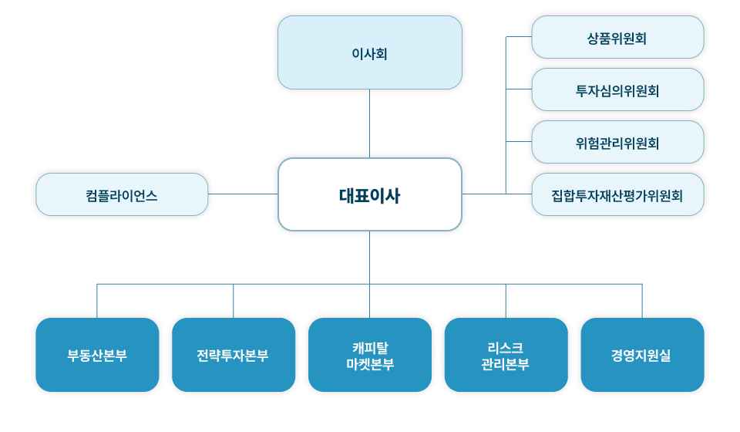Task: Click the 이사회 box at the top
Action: click(369, 52)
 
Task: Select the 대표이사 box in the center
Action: click(369, 194)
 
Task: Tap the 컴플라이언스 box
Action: click(122, 194)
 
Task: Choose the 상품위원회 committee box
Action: click(617, 37)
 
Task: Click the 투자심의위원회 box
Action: click(617, 89)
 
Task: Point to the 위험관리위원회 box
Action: click(617, 142)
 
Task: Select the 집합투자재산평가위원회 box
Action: click(617, 194)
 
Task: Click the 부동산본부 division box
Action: click(97, 355)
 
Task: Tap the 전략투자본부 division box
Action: click(234, 355)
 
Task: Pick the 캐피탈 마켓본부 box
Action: click(369, 355)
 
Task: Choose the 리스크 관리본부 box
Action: click(506, 355)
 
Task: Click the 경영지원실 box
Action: click(641, 355)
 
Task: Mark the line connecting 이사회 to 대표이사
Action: click(369, 123)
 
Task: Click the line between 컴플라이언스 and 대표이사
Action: click(243, 194)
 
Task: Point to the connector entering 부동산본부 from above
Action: click(97, 301)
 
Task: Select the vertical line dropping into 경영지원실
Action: click(641, 301)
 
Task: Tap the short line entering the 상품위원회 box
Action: click(518, 37)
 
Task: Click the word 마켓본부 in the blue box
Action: click(369, 364)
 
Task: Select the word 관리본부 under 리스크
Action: click(506, 364)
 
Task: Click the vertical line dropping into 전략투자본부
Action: click(234, 301)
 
